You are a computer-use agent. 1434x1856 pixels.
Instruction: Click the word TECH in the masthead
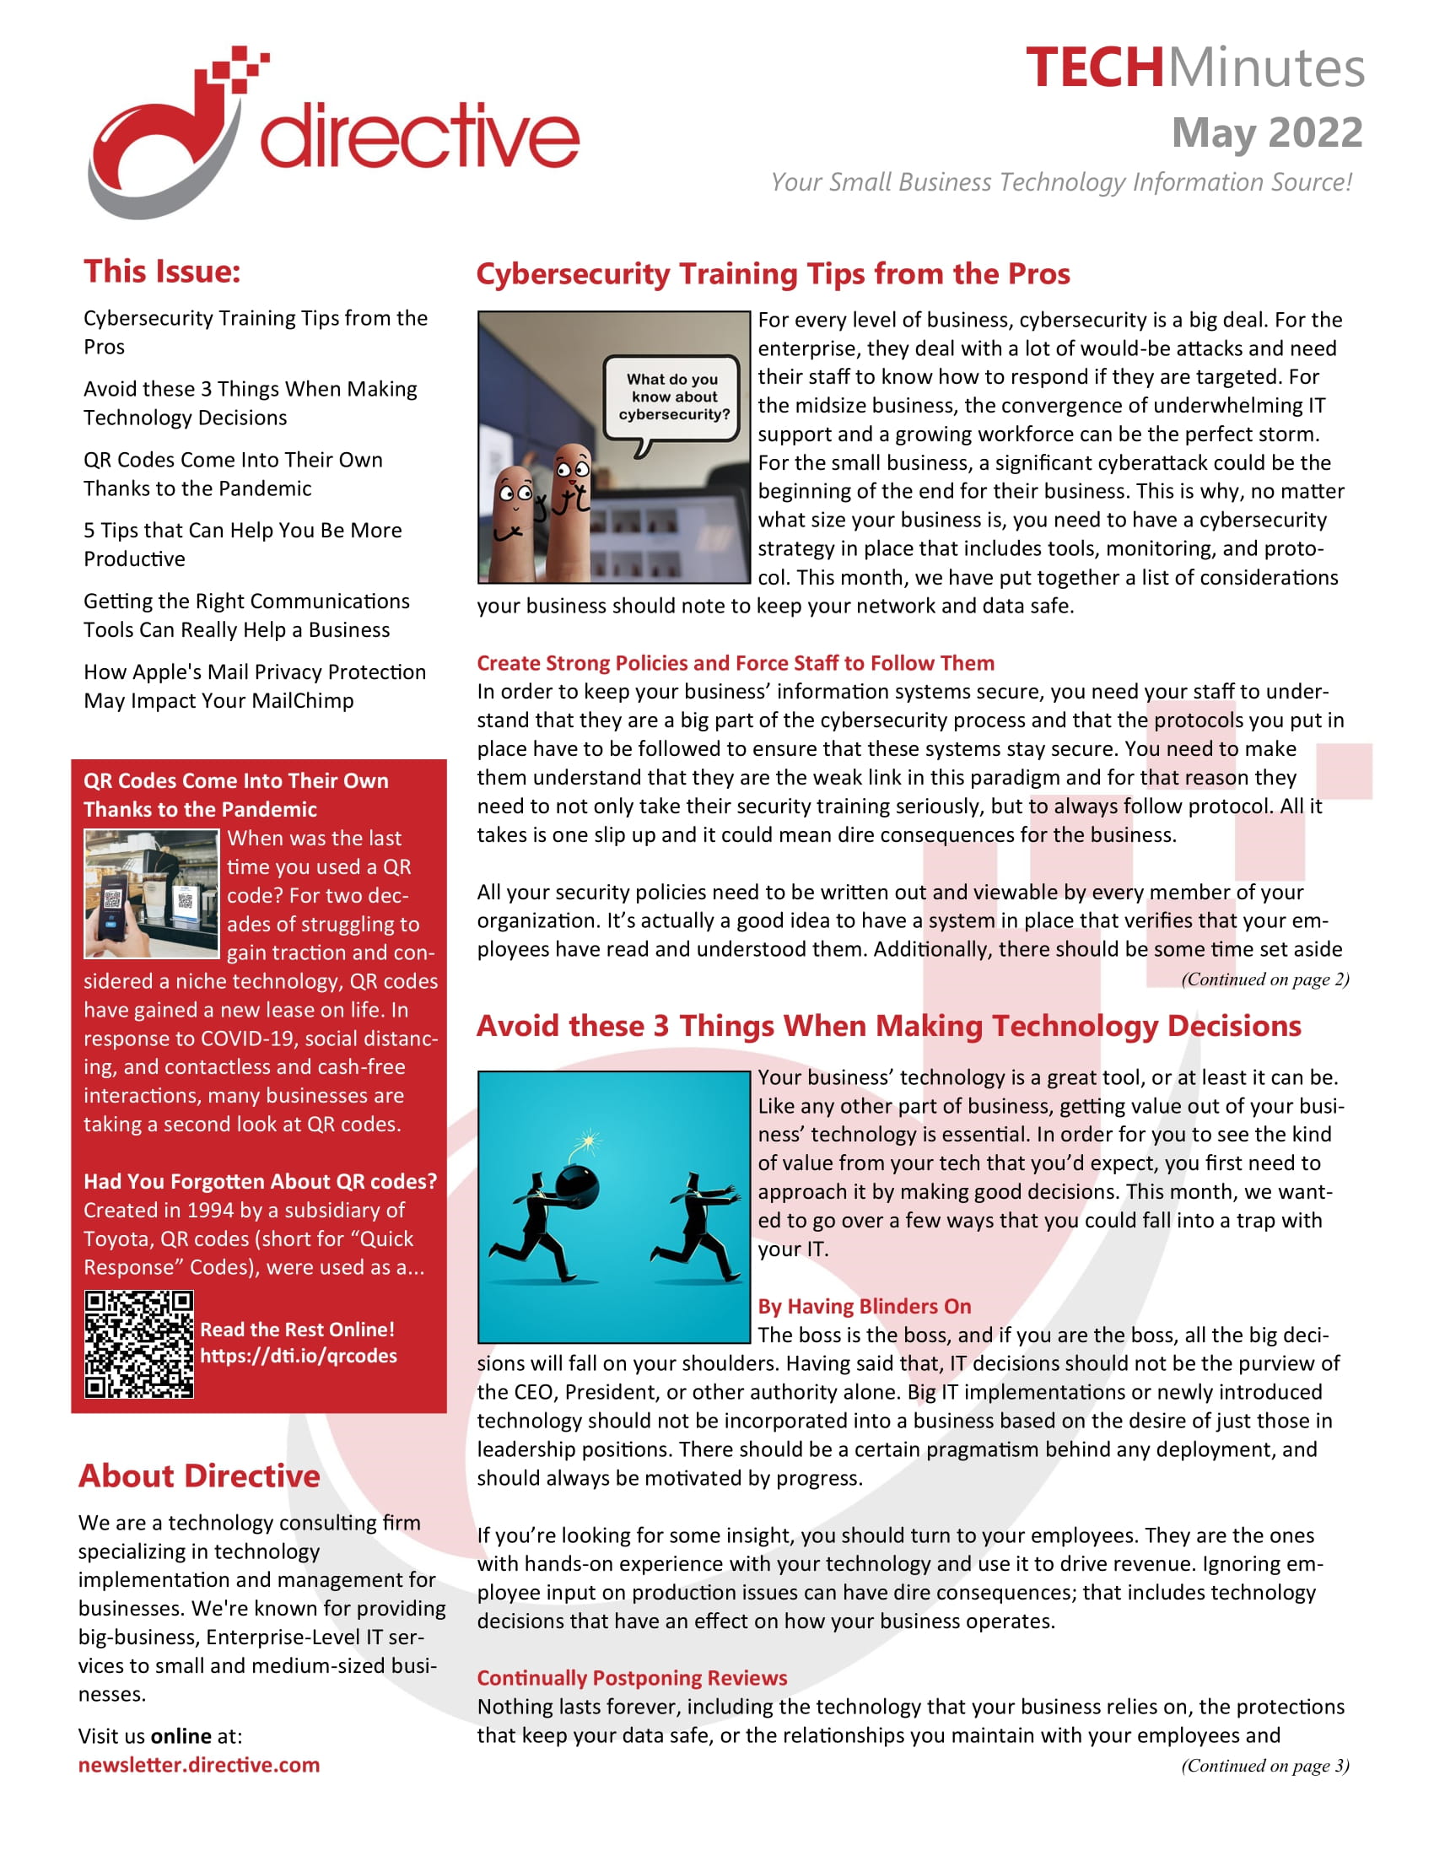pyautogui.click(x=1093, y=68)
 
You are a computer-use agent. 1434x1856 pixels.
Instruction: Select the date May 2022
pyautogui.click(x=1267, y=133)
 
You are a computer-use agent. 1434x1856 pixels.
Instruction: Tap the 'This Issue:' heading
pyautogui.click(x=162, y=271)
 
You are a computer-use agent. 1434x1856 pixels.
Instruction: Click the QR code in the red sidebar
pyautogui.click(x=138, y=1344)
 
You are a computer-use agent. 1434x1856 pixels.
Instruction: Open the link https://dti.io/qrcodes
pyautogui.click(x=298, y=1356)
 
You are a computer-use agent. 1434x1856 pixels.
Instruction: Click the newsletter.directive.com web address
pyautogui.click(x=199, y=1764)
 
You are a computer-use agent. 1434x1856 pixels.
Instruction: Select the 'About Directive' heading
pyautogui.click(x=199, y=1476)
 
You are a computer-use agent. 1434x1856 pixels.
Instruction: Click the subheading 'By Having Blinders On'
pyautogui.click(x=864, y=1306)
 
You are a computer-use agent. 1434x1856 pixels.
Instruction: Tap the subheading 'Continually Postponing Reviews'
pyautogui.click(x=631, y=1677)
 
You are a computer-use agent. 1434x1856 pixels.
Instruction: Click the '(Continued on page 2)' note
pyautogui.click(x=1264, y=979)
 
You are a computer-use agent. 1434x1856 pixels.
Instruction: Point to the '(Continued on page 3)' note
pyautogui.click(x=1264, y=1765)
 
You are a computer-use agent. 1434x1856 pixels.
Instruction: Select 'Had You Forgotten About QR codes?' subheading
pyautogui.click(x=260, y=1181)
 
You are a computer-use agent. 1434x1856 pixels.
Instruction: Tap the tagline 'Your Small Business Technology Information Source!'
pyautogui.click(x=1061, y=182)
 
